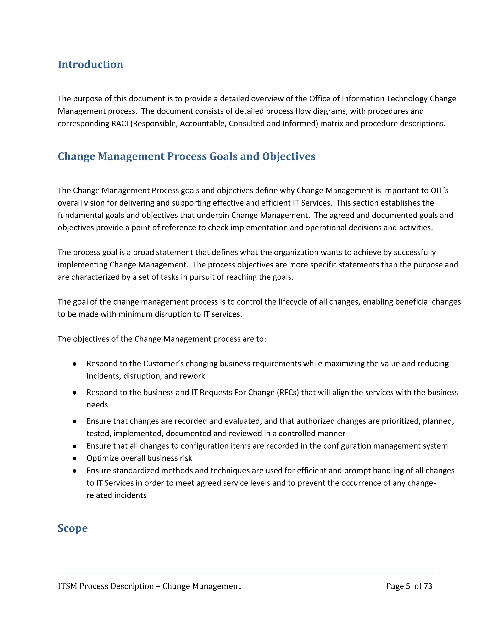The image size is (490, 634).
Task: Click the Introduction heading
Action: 90,64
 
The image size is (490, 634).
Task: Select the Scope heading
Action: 72,528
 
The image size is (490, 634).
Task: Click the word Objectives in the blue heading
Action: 289,156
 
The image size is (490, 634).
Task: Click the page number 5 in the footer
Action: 408,586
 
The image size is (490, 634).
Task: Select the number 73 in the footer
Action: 428,586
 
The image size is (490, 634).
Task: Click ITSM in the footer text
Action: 67,586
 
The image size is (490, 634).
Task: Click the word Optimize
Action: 102,458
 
